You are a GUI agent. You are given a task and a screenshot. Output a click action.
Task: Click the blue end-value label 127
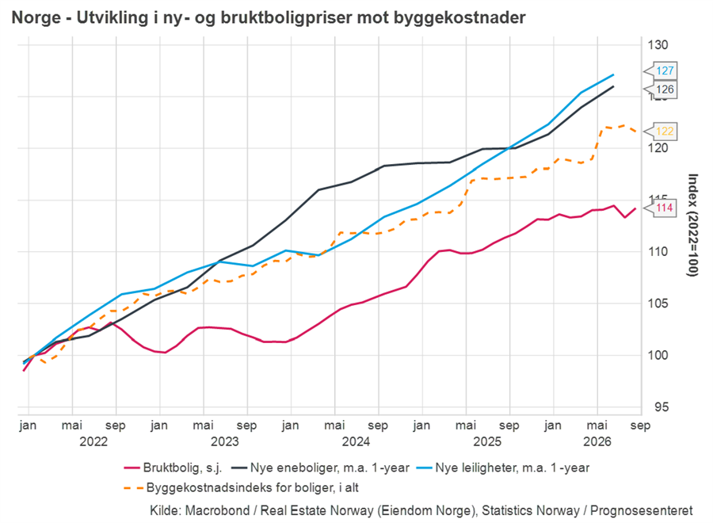(665, 71)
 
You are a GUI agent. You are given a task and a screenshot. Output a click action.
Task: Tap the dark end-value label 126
(665, 89)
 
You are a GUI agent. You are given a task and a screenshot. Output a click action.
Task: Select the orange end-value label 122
(665, 132)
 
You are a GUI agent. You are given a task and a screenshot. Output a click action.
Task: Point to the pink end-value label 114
(665, 208)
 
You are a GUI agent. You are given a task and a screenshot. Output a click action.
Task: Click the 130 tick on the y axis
(658, 45)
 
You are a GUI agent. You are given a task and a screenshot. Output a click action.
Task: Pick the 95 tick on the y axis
(662, 407)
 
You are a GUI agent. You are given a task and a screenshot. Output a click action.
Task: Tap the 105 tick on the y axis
(658, 303)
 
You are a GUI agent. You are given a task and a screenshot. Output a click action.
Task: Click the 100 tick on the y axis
(658, 355)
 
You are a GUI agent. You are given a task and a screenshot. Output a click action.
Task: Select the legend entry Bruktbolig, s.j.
(173, 468)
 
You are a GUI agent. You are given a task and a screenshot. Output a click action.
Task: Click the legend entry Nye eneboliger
(321, 468)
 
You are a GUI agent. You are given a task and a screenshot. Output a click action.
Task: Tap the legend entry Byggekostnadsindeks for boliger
(242, 487)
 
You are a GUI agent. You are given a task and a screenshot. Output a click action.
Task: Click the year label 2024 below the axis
(356, 441)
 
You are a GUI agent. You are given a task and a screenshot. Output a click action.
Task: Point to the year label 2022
(93, 441)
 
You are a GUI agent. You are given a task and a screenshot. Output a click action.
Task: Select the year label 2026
(597, 441)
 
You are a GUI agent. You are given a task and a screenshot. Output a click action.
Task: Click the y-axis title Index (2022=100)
(692, 225)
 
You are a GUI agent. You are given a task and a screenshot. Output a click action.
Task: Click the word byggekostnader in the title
(459, 17)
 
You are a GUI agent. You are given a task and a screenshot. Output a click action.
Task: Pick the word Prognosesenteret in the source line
(642, 511)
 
